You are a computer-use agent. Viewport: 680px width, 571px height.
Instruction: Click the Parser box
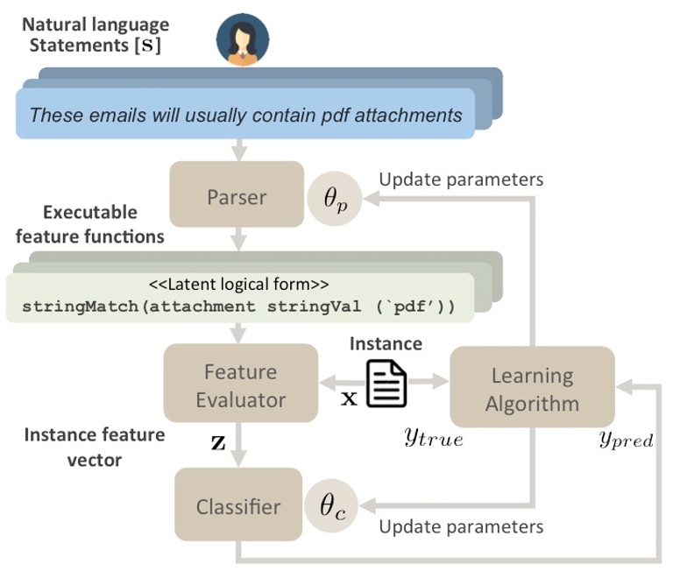pyautogui.click(x=237, y=194)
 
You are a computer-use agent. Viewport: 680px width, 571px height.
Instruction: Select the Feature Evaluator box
pyautogui.click(x=241, y=383)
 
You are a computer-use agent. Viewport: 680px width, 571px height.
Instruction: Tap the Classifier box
pyautogui.click(x=238, y=504)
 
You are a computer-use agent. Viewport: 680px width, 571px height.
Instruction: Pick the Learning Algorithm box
pyautogui.click(x=532, y=387)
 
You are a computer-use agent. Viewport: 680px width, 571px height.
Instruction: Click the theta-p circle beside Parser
pyautogui.click(x=335, y=199)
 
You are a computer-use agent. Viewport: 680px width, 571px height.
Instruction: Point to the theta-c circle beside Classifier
pyautogui.click(x=331, y=505)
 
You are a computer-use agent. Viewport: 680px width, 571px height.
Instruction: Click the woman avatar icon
pyautogui.click(x=243, y=39)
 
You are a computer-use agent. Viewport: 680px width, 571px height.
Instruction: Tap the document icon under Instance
pyautogui.click(x=386, y=384)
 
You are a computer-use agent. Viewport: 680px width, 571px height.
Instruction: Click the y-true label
pyautogui.click(x=434, y=438)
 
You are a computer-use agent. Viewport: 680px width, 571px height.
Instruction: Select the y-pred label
pyautogui.click(x=627, y=440)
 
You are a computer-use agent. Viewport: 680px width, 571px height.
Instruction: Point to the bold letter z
pyautogui.click(x=218, y=442)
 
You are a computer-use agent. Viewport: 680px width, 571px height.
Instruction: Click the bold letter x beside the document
pyautogui.click(x=349, y=398)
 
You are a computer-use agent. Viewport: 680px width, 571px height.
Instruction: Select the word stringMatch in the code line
pyautogui.click(x=81, y=307)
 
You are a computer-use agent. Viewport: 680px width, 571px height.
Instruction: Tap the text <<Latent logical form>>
pyautogui.click(x=238, y=285)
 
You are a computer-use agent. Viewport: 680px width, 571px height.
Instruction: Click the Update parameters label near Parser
pyautogui.click(x=461, y=180)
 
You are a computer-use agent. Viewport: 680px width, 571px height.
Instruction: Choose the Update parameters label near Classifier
pyautogui.click(x=461, y=527)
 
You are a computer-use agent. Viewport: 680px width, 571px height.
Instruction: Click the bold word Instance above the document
pyautogui.click(x=386, y=344)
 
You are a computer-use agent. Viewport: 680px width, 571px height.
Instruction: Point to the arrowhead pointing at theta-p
pyautogui.click(x=372, y=199)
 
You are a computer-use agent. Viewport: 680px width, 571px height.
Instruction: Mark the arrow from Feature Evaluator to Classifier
pyautogui.click(x=238, y=444)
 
